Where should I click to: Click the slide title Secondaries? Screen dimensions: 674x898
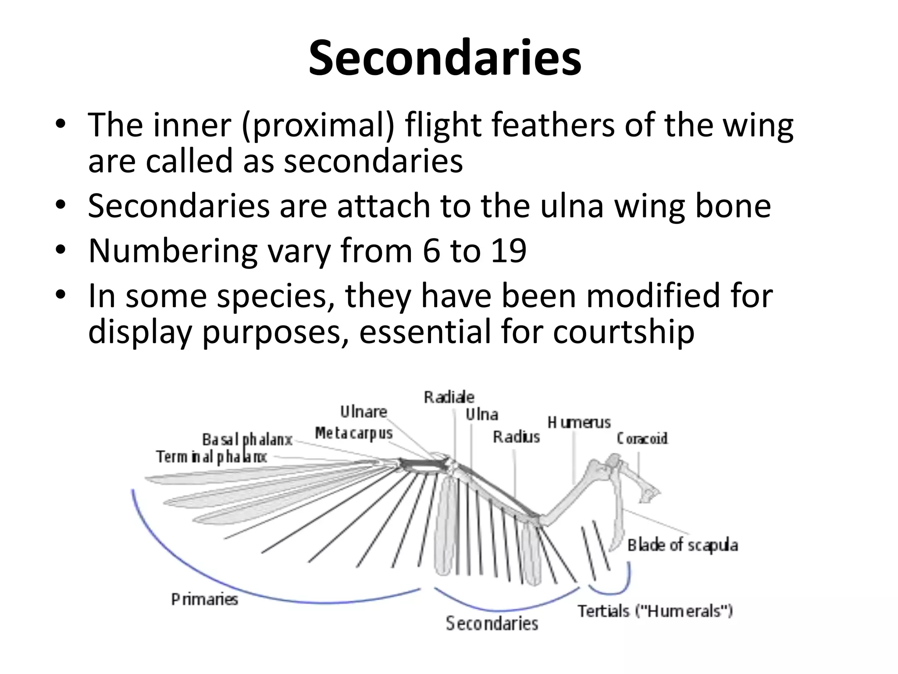click(445, 59)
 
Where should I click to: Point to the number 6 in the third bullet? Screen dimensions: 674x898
click(431, 251)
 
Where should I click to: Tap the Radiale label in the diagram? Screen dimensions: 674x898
click(449, 397)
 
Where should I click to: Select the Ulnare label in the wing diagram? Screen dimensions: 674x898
click(363, 412)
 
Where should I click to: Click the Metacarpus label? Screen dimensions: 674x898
click(353, 433)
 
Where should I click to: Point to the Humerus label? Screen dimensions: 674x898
click(579, 423)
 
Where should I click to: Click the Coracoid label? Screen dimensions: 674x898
click(642, 438)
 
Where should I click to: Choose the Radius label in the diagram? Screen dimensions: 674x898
click(516, 437)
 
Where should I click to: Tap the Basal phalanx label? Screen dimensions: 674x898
click(247, 439)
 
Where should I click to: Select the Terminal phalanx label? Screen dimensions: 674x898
click(211, 457)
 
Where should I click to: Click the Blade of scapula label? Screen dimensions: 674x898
click(682, 545)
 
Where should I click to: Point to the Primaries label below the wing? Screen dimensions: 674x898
click(204, 599)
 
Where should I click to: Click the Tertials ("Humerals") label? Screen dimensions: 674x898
click(655, 611)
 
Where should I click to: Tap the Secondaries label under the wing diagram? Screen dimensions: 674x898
click(492, 624)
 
